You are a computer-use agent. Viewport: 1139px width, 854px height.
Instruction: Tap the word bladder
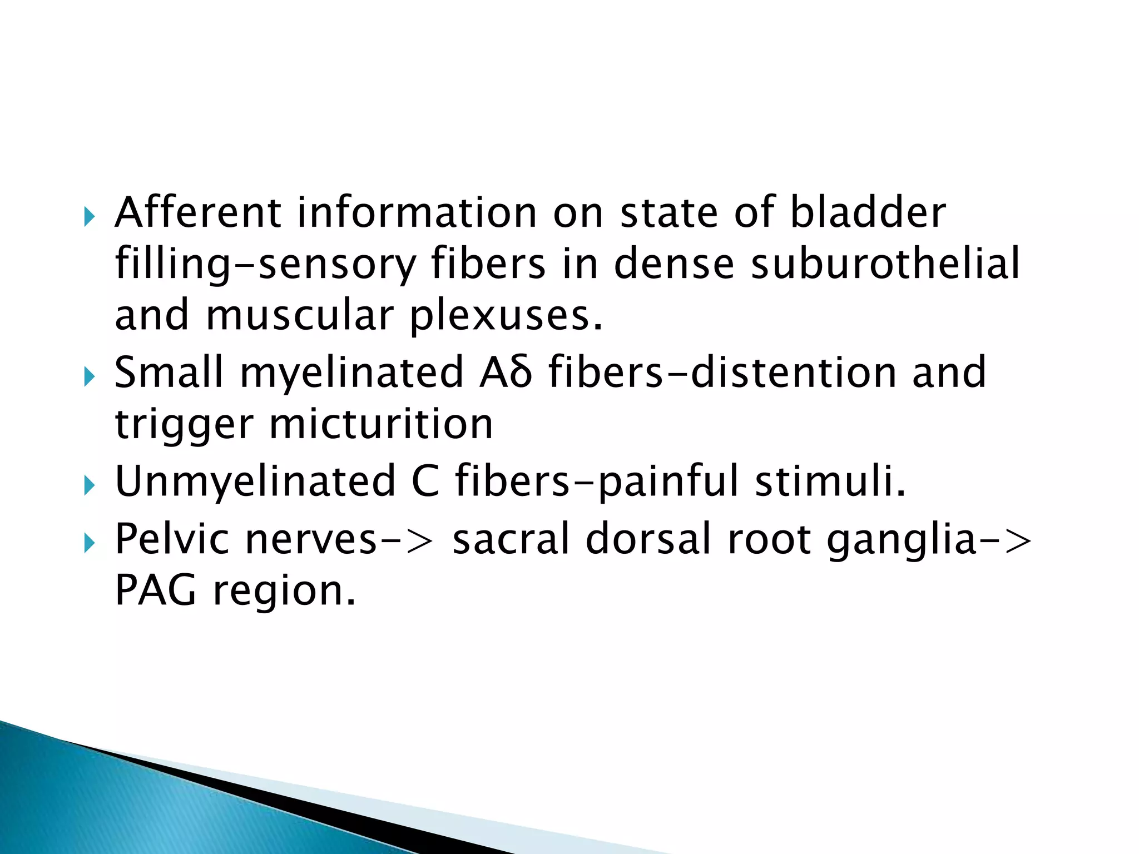point(868,213)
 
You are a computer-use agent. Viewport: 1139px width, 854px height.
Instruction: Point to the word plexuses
point(506,316)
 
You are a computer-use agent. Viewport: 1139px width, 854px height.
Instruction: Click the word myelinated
point(351,373)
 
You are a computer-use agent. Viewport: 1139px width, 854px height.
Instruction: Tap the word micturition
point(381,424)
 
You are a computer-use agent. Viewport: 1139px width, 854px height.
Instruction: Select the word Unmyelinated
point(255,481)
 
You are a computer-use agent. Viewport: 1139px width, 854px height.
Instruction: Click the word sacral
point(512,539)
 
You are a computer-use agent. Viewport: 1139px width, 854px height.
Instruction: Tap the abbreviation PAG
point(156,590)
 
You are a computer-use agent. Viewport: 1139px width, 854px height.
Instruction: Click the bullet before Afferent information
point(90,216)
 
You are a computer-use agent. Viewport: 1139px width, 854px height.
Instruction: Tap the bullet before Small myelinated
point(90,377)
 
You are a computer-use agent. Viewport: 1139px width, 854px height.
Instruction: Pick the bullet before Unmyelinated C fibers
point(90,485)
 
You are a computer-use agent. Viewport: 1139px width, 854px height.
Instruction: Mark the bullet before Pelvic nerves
point(90,543)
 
